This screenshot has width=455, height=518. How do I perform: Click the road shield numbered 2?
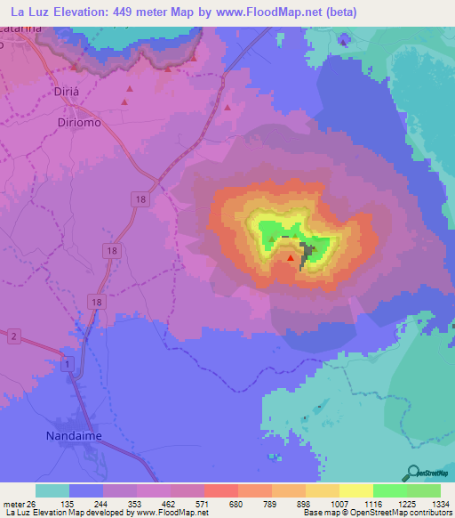pos(13,336)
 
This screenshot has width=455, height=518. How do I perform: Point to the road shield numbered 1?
pos(68,364)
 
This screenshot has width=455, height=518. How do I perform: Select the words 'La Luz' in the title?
pos(28,11)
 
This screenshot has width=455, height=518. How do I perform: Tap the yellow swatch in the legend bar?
pos(355,490)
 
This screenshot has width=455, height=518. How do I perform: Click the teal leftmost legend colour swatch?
pos(52,490)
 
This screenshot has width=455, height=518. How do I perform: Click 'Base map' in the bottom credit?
pos(321,513)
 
